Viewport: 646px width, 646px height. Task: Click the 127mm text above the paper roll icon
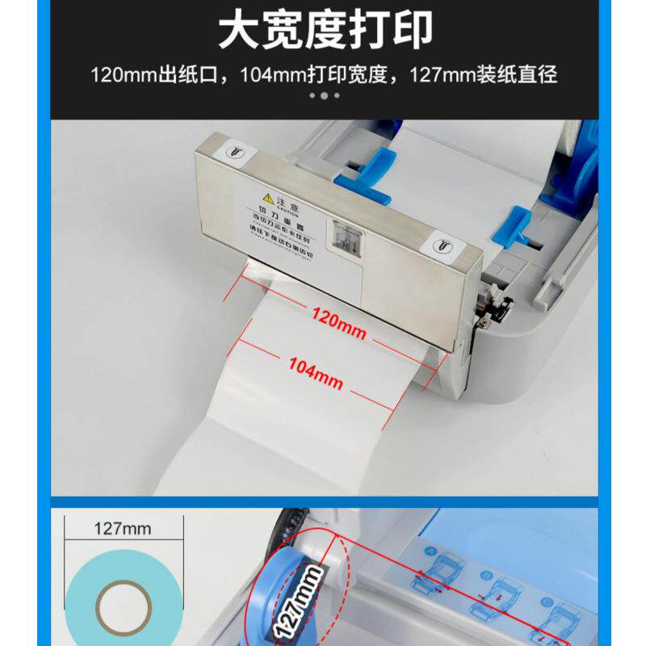(122, 529)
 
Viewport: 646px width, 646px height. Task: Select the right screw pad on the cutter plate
(443, 244)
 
